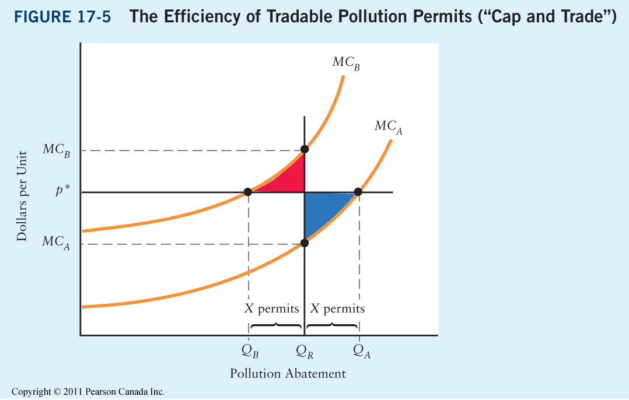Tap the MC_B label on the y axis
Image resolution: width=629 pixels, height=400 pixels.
point(56,150)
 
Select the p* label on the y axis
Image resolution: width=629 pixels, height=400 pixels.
point(63,191)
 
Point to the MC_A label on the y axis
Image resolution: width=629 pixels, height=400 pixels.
point(56,243)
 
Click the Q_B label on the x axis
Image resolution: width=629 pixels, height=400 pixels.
point(249,351)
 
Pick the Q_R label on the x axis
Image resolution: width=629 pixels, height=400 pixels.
point(304,351)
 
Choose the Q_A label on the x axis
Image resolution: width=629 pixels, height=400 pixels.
point(361,351)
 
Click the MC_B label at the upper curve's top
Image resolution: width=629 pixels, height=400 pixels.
point(346,63)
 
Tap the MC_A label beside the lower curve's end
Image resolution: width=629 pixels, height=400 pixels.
point(388,127)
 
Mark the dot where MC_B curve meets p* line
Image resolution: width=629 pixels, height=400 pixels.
point(248,191)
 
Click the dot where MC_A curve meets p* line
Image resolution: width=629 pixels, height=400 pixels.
point(358,191)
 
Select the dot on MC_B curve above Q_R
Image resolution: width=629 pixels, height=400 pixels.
point(304,149)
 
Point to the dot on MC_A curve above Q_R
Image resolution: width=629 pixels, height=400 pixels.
point(304,243)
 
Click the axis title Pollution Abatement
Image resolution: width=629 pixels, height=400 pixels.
point(288,374)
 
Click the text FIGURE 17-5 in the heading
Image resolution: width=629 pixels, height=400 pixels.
point(65,17)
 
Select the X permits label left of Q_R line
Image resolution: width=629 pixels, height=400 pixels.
point(271,308)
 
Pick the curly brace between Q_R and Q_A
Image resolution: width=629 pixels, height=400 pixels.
point(333,325)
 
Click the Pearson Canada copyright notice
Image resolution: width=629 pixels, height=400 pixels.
point(88,392)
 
